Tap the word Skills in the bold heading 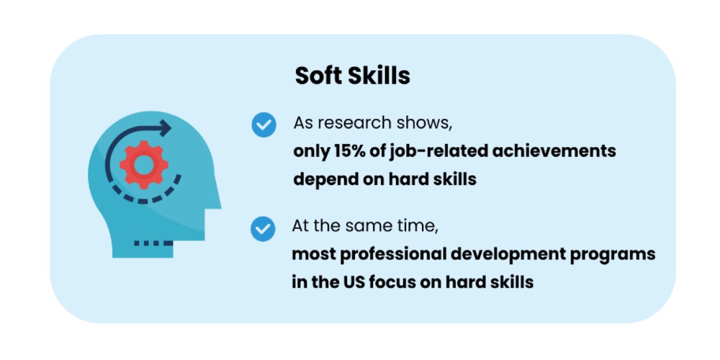[x=381, y=76]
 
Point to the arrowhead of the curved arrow [x=166, y=129]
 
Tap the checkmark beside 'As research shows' [x=264, y=124]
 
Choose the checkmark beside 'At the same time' [x=263, y=229]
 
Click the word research [x=354, y=122]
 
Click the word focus [x=390, y=282]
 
